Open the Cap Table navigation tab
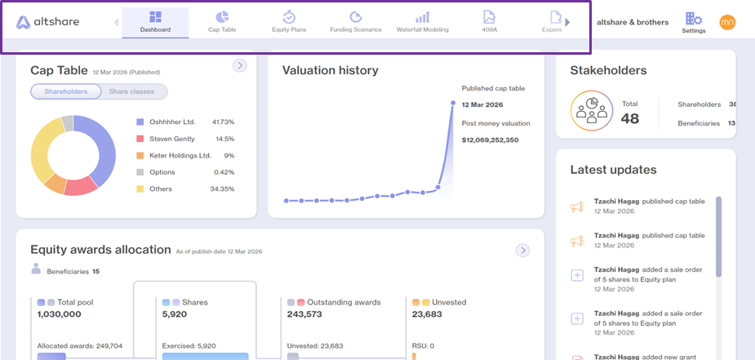click(x=222, y=22)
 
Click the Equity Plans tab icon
click(x=289, y=17)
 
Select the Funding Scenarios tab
click(x=355, y=22)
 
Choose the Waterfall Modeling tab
click(x=422, y=22)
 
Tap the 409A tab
click(x=489, y=22)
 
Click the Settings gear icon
click(x=693, y=19)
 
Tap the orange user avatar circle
click(x=727, y=22)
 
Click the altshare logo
click(x=47, y=22)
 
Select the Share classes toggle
click(x=131, y=91)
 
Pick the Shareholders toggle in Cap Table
click(x=66, y=91)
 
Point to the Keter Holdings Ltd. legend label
click(x=180, y=155)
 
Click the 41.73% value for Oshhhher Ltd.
click(x=223, y=122)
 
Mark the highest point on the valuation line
click(x=453, y=103)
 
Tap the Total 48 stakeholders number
click(x=630, y=118)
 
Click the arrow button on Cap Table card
click(x=240, y=65)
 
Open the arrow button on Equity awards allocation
click(x=523, y=251)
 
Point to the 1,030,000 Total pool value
click(x=60, y=314)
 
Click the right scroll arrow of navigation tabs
click(x=568, y=22)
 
